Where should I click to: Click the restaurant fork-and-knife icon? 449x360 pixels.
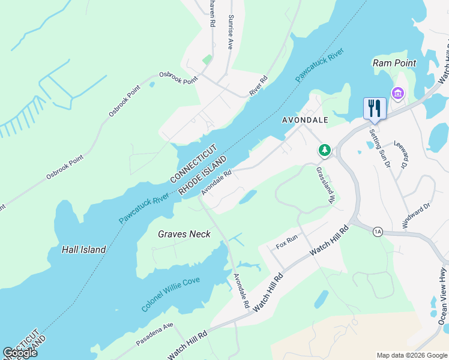coord(375,108)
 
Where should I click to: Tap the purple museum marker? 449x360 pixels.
coord(397,94)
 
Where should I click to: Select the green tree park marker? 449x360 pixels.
coord(325,149)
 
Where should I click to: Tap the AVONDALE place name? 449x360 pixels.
coord(305,120)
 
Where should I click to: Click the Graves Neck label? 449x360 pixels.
coord(184,234)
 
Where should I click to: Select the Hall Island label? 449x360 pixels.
coord(84,250)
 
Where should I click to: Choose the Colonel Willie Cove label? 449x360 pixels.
coord(171,294)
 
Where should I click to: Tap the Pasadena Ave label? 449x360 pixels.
coord(154,334)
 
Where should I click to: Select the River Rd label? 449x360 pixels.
coord(258,86)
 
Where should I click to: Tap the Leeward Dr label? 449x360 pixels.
coord(403,155)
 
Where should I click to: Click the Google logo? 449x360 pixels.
coord(20,353)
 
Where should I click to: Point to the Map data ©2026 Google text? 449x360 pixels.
coord(411,355)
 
